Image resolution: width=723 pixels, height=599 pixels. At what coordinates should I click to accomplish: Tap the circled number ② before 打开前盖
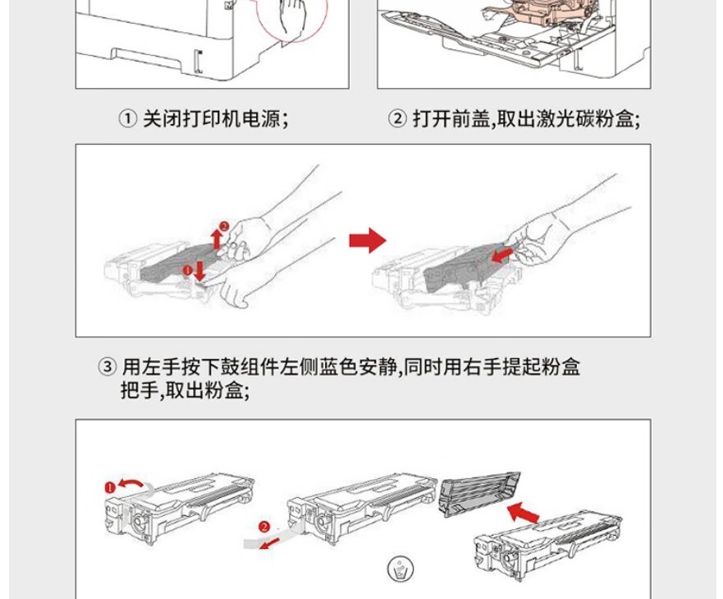click(x=397, y=119)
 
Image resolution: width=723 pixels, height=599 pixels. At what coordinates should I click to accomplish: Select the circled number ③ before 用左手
click(x=108, y=366)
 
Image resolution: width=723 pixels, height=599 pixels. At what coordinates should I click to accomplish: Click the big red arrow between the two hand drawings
click(x=367, y=241)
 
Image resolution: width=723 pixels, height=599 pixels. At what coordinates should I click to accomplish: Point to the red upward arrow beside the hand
click(x=216, y=238)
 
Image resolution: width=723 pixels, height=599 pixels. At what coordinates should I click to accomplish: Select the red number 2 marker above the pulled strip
click(x=263, y=527)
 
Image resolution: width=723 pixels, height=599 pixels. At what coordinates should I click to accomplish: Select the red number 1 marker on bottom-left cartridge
click(x=109, y=487)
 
